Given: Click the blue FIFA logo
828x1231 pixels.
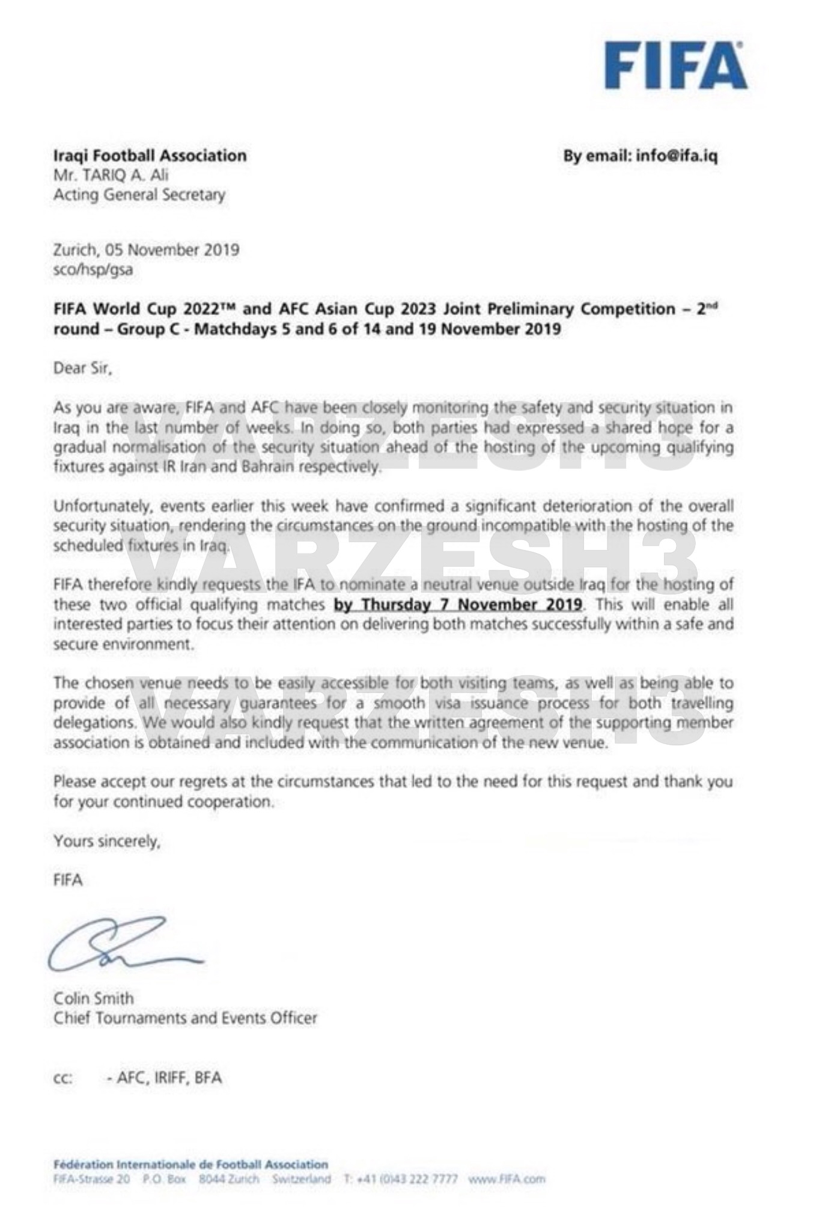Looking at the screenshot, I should (x=675, y=66).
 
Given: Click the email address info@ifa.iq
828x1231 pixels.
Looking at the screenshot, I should (x=677, y=156).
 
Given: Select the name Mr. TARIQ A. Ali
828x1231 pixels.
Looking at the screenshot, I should (x=111, y=176).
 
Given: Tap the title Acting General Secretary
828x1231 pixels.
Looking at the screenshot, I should (x=139, y=195).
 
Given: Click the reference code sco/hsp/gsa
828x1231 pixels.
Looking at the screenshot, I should (x=93, y=269).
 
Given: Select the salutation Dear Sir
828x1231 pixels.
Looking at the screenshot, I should (x=82, y=368).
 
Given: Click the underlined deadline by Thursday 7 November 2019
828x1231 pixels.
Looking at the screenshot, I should (x=458, y=604).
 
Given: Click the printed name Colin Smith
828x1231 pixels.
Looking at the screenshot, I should (x=94, y=998).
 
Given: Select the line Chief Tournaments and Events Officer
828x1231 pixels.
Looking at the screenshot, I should (x=185, y=1018).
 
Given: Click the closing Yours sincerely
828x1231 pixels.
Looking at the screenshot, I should (x=106, y=841).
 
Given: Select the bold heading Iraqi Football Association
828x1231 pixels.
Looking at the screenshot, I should (x=150, y=156).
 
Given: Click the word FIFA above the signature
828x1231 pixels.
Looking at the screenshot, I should (x=68, y=880).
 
